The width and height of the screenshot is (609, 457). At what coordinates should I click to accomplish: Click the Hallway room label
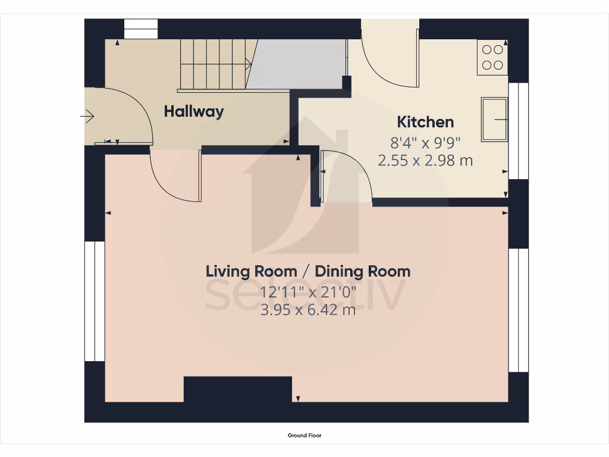coord(194,111)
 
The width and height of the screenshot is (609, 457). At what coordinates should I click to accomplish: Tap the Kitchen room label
coord(425,122)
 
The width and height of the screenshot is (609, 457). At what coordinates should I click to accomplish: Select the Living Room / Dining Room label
coord(308,271)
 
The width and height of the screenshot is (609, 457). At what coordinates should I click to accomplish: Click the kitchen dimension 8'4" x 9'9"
coord(425,143)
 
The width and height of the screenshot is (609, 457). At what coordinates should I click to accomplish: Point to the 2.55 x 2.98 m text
coord(425,160)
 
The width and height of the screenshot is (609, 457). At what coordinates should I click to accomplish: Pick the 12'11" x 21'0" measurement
coord(308,292)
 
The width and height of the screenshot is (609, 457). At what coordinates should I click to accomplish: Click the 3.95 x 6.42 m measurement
coord(308,309)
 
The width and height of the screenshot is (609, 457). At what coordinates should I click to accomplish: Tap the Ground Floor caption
coord(304,436)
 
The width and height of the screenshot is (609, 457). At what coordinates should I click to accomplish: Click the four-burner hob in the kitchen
coord(492,57)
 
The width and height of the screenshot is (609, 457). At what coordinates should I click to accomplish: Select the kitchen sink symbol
coord(494,120)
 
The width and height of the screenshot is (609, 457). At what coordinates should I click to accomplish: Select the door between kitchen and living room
coord(345,176)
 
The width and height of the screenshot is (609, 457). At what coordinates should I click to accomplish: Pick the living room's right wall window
coord(518,309)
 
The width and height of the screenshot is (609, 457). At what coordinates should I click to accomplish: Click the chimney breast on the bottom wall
coord(238,390)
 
